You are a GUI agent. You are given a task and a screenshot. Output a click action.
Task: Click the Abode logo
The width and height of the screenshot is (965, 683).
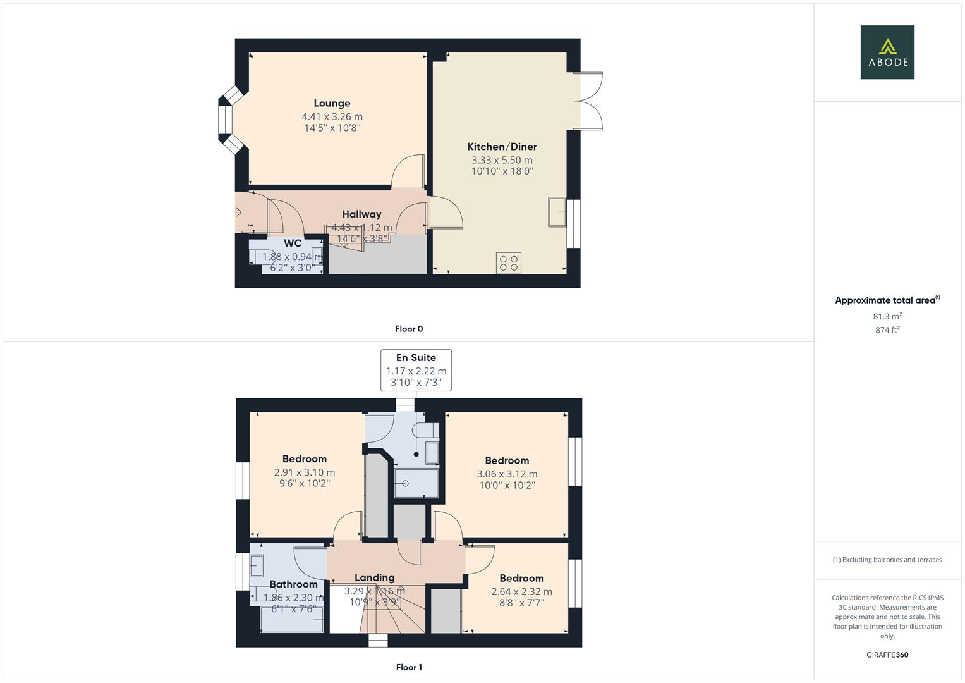(x=887, y=52)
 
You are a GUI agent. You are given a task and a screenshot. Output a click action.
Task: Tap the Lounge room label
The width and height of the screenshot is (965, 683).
(x=332, y=103)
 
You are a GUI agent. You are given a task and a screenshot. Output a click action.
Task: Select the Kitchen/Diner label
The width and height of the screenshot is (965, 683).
(x=502, y=146)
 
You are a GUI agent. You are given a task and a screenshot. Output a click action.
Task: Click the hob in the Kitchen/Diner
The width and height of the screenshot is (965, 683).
(x=508, y=262)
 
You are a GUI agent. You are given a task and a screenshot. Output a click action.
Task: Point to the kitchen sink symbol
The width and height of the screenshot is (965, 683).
(x=557, y=212)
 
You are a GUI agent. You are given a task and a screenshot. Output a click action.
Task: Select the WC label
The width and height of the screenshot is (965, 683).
(x=293, y=243)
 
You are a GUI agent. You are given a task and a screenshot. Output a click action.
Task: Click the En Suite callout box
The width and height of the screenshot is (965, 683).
(x=416, y=370)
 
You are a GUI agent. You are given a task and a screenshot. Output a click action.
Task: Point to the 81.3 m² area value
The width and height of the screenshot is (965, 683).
(x=887, y=316)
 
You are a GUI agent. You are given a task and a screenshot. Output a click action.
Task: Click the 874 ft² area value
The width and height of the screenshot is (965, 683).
(x=887, y=330)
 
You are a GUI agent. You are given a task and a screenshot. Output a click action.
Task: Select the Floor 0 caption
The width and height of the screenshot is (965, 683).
(x=409, y=329)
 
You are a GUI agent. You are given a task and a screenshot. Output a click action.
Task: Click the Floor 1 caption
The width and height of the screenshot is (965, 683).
(x=409, y=667)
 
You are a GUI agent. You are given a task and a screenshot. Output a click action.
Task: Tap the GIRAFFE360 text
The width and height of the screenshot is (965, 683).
(x=887, y=655)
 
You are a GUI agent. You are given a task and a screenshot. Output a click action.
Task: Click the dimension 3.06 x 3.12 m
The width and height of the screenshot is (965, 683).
(x=507, y=474)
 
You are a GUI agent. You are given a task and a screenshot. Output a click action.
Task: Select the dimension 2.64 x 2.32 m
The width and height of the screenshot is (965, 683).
(x=521, y=592)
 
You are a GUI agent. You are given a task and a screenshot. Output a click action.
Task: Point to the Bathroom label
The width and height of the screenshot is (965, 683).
(x=293, y=584)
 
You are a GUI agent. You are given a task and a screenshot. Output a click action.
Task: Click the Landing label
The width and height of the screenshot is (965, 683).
(x=374, y=577)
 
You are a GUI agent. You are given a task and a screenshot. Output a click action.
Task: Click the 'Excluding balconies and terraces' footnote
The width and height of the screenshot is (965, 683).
(x=887, y=560)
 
